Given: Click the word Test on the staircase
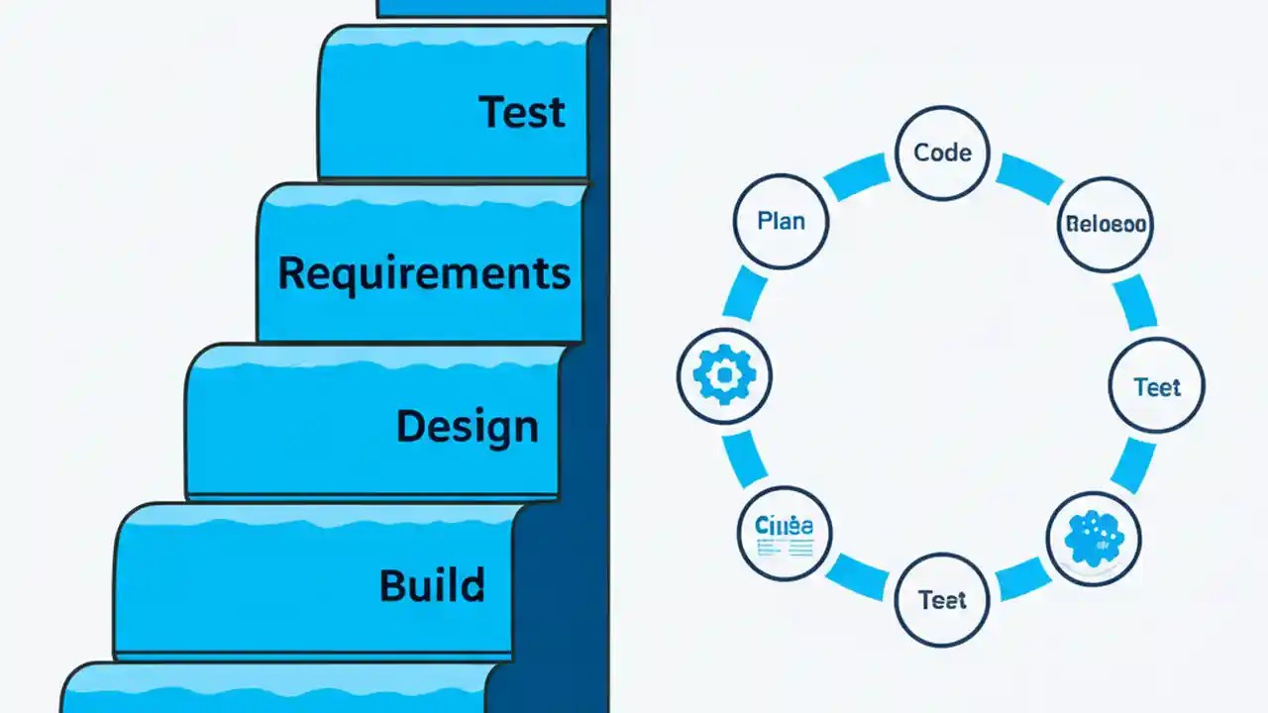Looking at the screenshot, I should [522, 112].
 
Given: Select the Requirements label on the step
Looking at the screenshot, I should [424, 272].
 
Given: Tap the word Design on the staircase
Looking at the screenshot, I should [467, 427].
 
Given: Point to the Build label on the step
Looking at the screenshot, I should [432, 585].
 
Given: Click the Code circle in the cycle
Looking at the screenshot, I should [942, 153].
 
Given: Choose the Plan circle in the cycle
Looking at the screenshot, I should [781, 221].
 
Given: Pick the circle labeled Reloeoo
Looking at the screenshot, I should [1106, 224].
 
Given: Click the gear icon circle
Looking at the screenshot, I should [724, 375].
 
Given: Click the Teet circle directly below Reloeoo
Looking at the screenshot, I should [1156, 386].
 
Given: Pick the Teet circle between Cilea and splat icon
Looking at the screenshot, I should [941, 599].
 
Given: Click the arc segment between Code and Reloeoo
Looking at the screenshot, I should [1029, 175].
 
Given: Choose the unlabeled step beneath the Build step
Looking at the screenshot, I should [277, 689].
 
